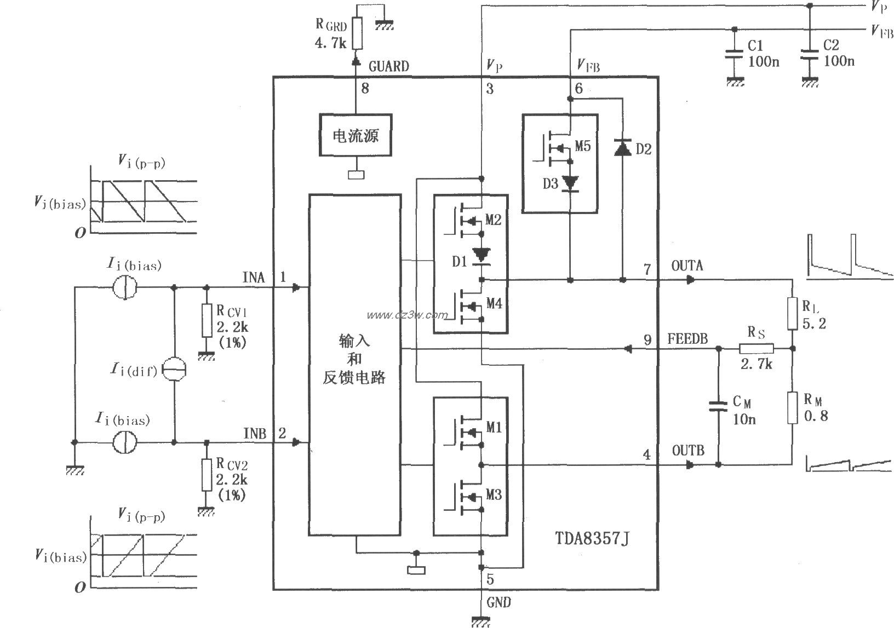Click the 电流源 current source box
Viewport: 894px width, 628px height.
click(x=356, y=135)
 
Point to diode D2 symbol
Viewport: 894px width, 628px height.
click(x=623, y=148)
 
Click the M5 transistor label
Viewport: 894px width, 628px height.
click(x=583, y=146)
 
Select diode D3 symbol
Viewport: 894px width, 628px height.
click(x=571, y=183)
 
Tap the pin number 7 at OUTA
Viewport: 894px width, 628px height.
click(x=647, y=269)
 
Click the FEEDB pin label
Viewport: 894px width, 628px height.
click(x=687, y=339)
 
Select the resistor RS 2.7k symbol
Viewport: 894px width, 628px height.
click(x=756, y=348)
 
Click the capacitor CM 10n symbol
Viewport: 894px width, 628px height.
click(x=719, y=406)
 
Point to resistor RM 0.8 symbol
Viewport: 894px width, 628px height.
click(x=792, y=407)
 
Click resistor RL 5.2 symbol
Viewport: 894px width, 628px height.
click(x=792, y=313)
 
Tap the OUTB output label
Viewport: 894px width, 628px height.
click(x=688, y=451)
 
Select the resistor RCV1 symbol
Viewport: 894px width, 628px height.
click(x=207, y=320)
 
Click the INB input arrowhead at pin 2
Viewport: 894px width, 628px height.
click(x=296, y=442)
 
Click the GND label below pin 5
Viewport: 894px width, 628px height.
click(x=498, y=603)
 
